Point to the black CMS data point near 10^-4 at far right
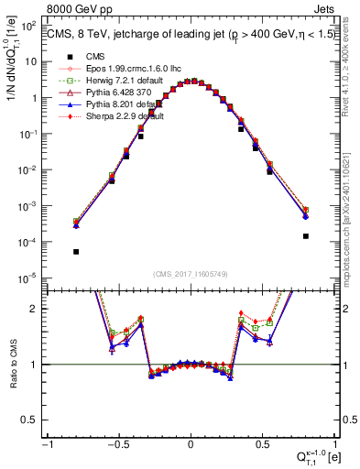point(305,235)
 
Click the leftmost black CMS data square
point(76,251)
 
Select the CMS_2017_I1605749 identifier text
point(190,273)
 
